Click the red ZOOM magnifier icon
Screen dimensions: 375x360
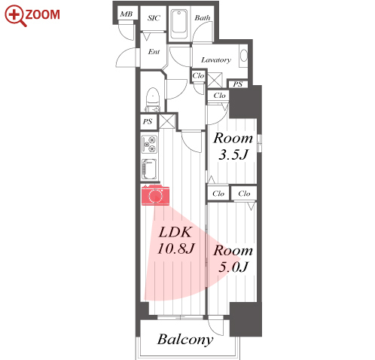tap(16, 16)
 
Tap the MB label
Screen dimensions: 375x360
tap(127, 14)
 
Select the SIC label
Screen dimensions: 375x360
tap(154, 18)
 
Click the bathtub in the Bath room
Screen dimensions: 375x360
tap(179, 24)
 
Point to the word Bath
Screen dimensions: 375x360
tap(203, 18)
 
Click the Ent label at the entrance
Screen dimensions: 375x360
tap(154, 52)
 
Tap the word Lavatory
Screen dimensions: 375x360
tap(216, 60)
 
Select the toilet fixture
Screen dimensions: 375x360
tap(153, 99)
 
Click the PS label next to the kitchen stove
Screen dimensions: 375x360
tap(148, 122)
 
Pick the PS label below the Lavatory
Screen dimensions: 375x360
tap(237, 84)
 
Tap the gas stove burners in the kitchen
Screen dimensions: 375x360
tap(149, 145)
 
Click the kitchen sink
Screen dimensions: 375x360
tap(149, 169)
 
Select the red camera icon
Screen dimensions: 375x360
tap(155, 195)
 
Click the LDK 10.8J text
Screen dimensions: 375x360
tap(176, 240)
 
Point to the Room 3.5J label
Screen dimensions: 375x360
tap(233, 146)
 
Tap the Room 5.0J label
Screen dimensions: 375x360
tap(233, 258)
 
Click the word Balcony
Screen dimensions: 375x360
tap(185, 340)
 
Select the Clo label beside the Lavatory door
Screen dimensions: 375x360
tap(198, 75)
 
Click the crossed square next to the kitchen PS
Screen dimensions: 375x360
tap(167, 121)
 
